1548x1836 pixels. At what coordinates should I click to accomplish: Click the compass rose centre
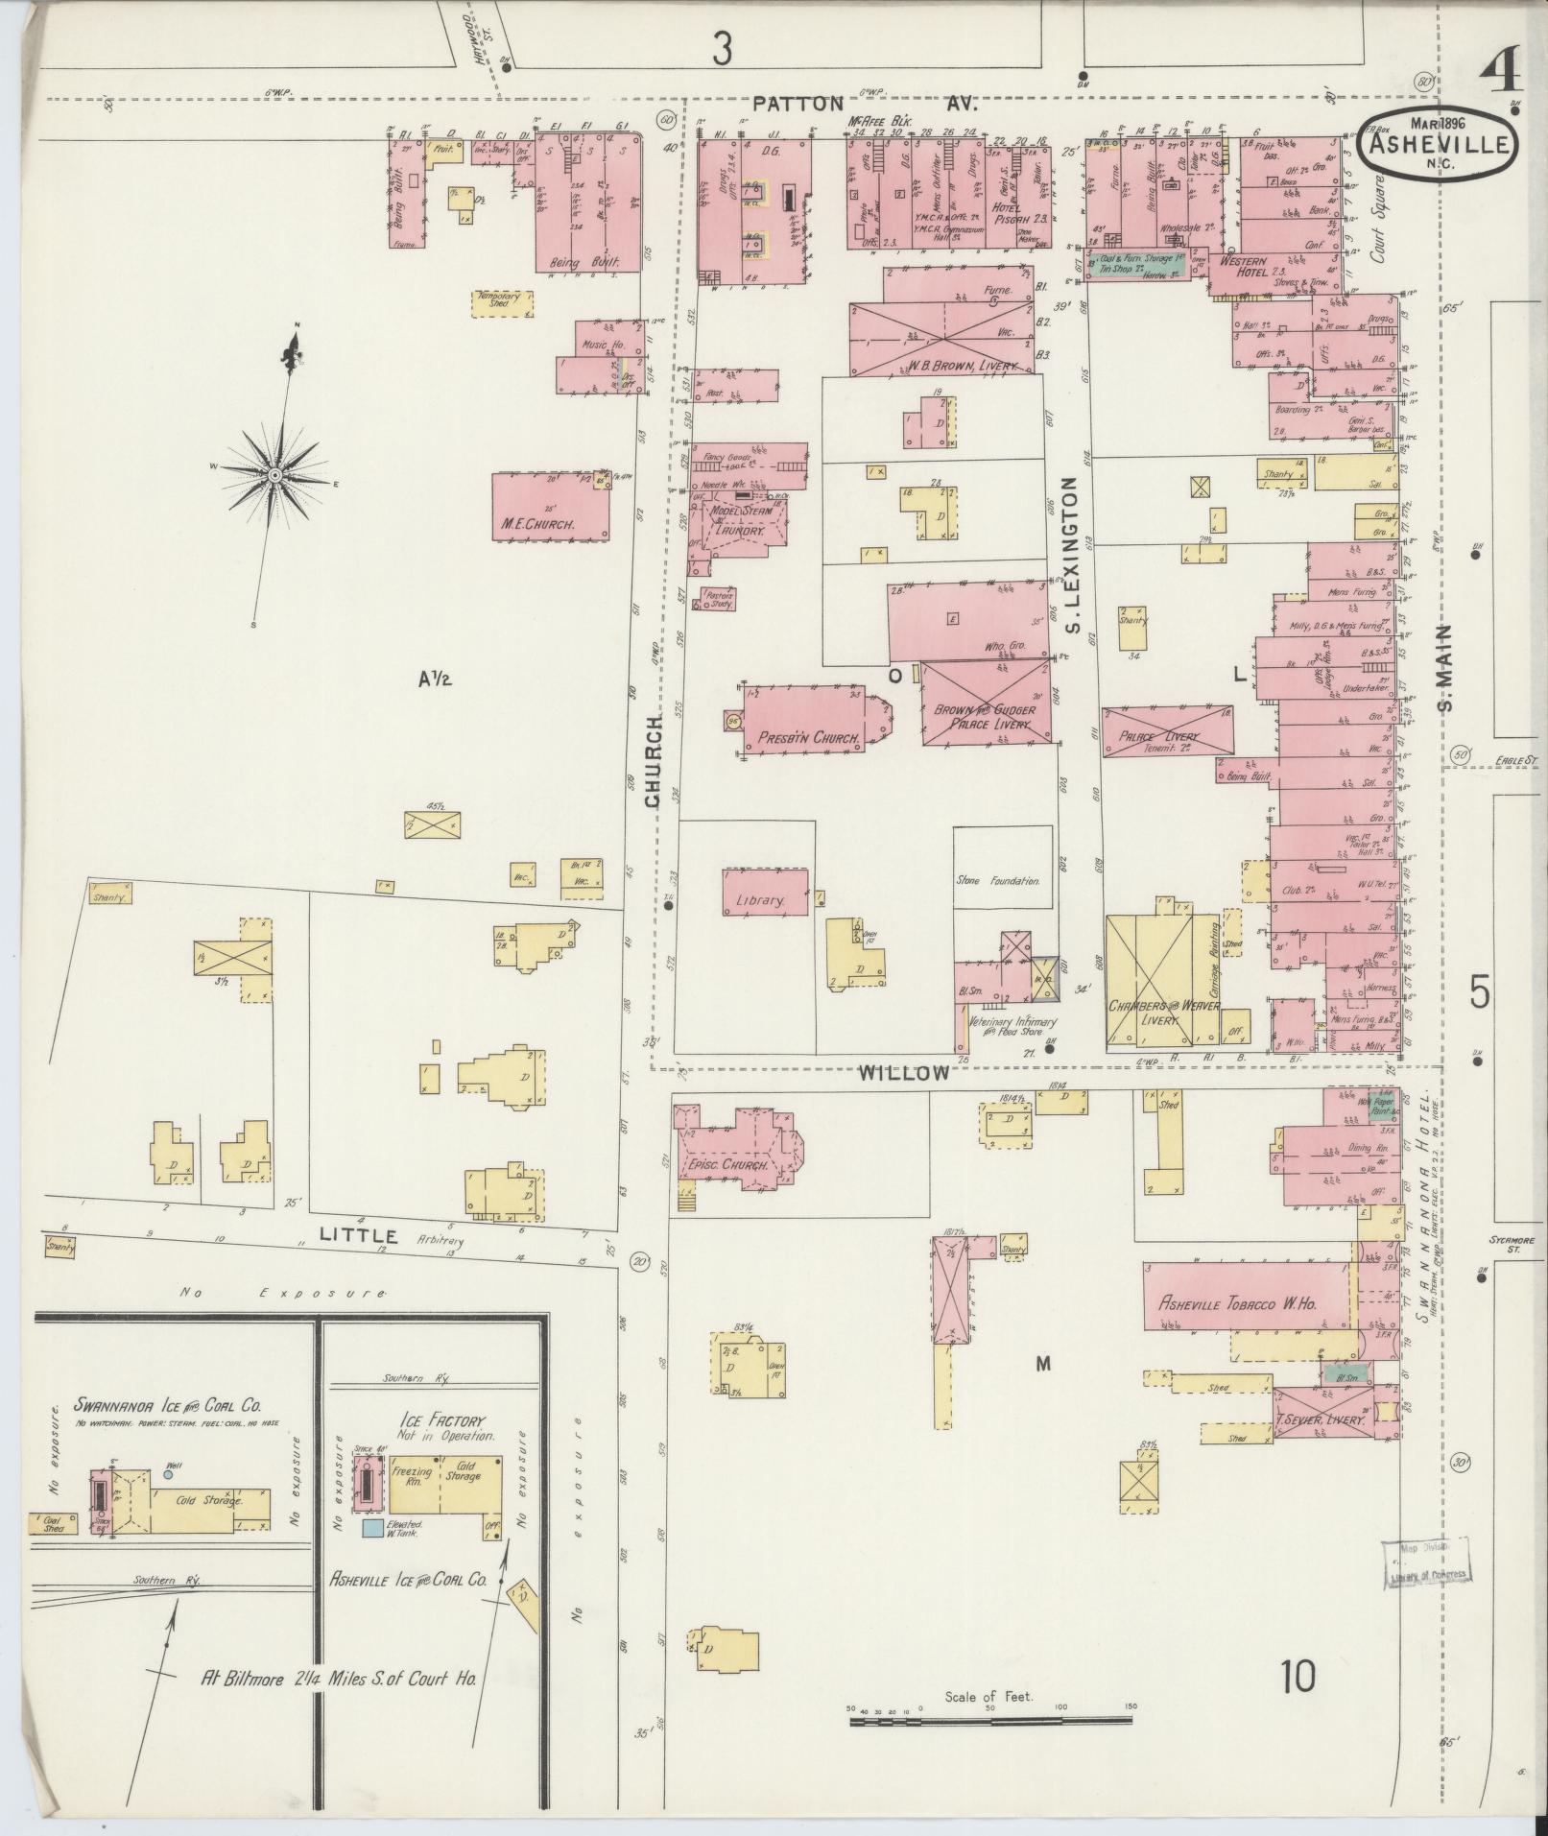274,475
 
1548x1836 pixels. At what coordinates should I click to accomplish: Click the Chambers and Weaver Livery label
1163,1013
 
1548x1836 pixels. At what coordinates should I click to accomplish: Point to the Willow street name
904,1073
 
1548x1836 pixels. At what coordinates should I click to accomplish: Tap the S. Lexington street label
1073,557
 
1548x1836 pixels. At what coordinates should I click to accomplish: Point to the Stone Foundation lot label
998,879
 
